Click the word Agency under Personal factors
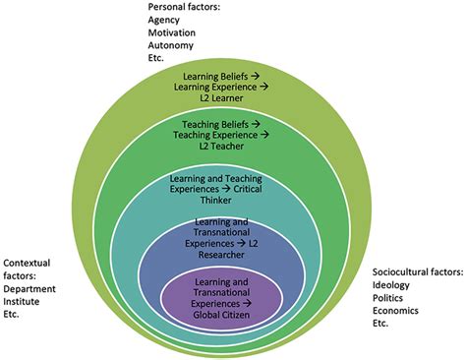tap(165, 19)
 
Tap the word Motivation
tap(173, 31)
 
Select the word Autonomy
tap(172, 44)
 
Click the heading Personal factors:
tap(184, 6)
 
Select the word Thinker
tap(232, 200)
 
